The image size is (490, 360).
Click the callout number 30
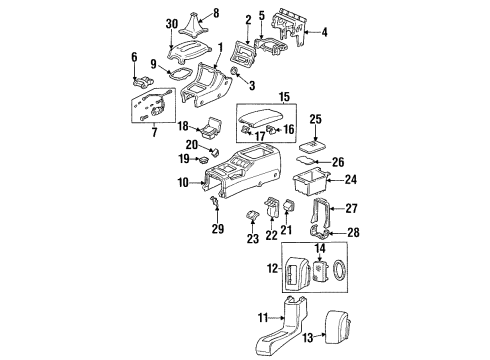(172, 24)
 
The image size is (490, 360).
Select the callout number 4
(324, 32)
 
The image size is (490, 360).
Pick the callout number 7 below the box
(154, 132)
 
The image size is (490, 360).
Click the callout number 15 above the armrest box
(284, 97)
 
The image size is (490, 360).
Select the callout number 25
(315, 119)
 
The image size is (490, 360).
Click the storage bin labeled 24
(310, 183)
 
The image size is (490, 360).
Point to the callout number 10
(183, 183)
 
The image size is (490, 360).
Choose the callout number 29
(218, 229)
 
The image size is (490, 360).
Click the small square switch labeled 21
(288, 206)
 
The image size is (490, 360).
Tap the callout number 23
(253, 238)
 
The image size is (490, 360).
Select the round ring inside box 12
(337, 269)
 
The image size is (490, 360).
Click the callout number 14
(320, 248)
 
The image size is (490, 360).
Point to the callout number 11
(263, 317)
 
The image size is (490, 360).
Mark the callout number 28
(354, 232)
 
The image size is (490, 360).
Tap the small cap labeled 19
(203, 160)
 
